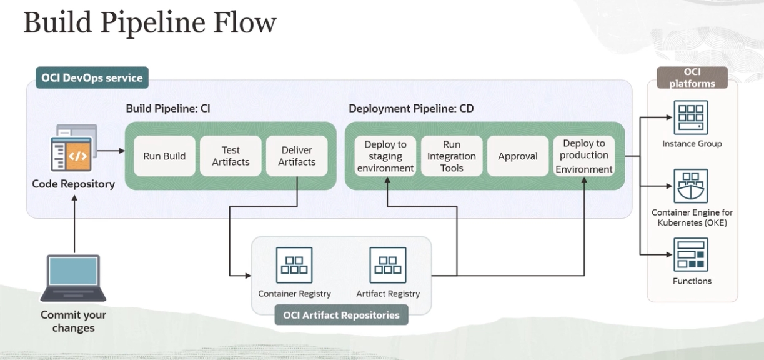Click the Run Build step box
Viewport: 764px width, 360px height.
[164, 156]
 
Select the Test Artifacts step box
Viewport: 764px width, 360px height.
[231, 156]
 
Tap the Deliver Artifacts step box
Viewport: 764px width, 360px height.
[297, 156]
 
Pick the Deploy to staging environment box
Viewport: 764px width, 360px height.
[385, 156]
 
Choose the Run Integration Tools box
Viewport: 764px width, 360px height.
[452, 156]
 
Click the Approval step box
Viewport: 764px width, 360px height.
[518, 156]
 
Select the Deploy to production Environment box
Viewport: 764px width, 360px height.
[584, 156]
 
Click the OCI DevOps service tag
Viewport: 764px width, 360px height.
[92, 77]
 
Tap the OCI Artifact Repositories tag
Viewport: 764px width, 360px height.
[341, 315]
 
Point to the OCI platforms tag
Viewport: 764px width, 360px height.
[692, 77]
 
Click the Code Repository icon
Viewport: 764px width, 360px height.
[74, 147]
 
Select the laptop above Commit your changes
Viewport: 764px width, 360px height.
[73, 277]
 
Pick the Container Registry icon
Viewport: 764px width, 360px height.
[294, 265]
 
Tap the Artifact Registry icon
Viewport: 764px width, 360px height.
[388, 265]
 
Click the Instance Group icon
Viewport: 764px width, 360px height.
[691, 117]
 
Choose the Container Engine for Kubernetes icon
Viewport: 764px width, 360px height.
[691, 186]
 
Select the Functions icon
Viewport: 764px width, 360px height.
[691, 254]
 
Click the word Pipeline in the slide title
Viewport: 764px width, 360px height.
[152, 23]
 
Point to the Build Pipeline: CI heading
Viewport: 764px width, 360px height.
[168, 109]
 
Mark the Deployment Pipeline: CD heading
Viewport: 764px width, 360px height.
[411, 109]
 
